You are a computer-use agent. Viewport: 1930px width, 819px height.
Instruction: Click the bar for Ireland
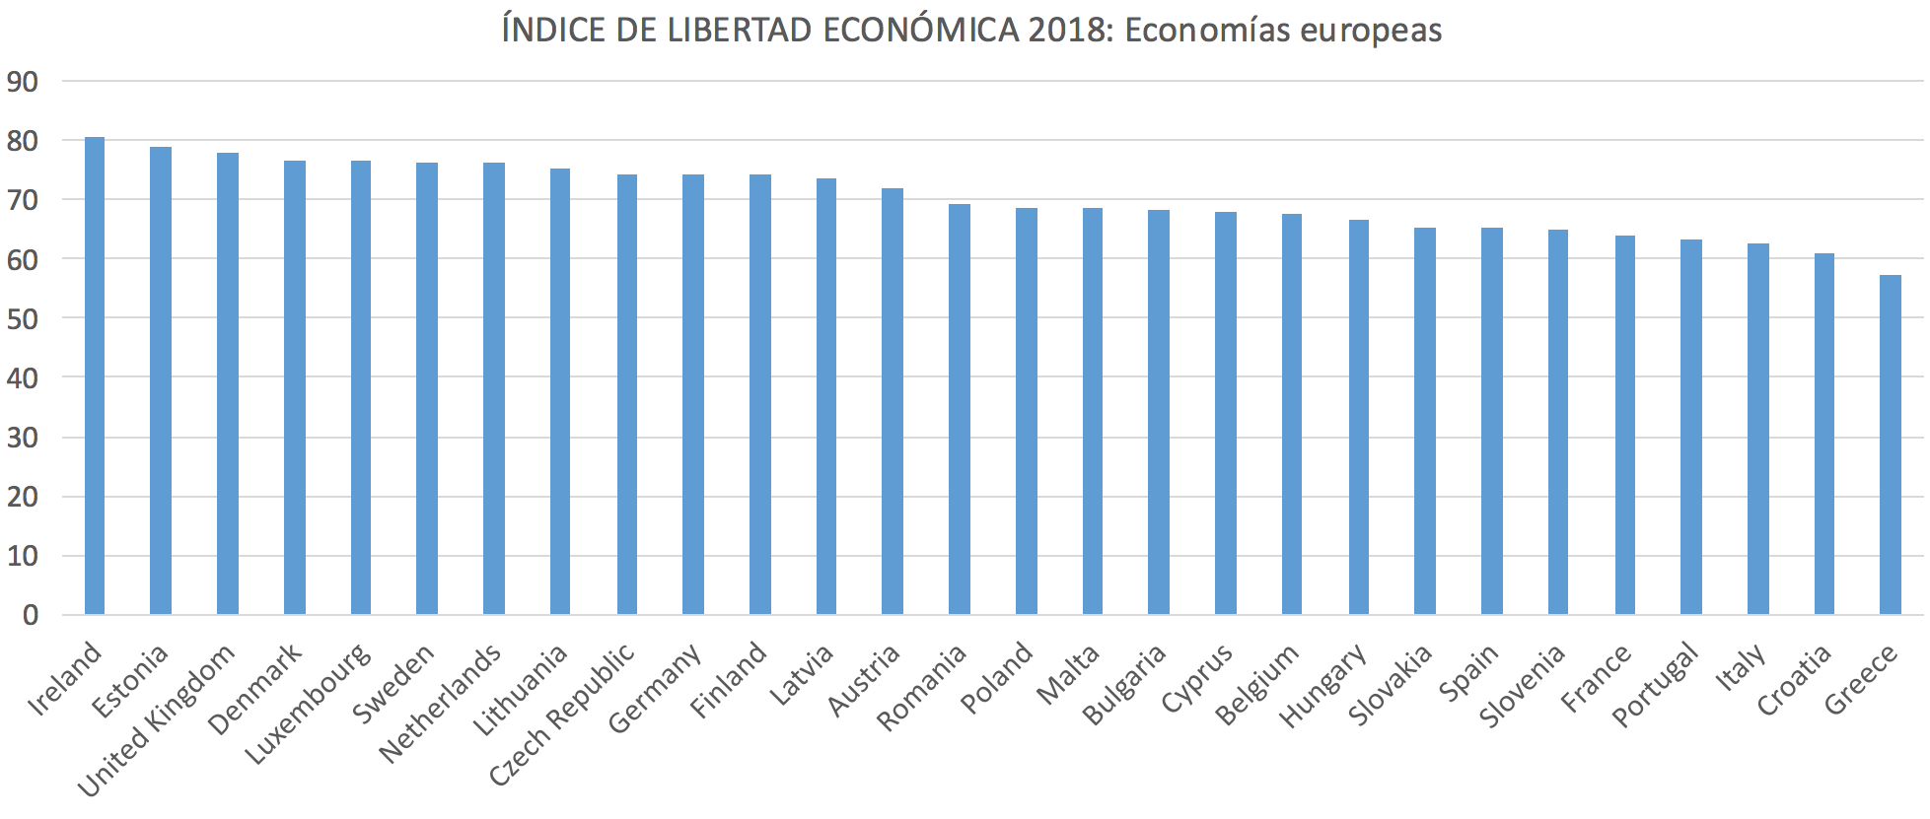click(95, 375)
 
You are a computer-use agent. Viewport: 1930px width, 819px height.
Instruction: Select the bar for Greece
click(1891, 444)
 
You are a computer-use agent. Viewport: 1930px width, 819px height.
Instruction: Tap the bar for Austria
click(892, 401)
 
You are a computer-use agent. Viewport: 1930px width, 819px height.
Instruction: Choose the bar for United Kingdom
click(228, 383)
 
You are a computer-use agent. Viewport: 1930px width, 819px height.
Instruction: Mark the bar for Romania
click(959, 409)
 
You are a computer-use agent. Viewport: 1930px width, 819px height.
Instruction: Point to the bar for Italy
click(1757, 429)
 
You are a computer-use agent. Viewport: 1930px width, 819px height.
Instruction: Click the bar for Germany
click(693, 394)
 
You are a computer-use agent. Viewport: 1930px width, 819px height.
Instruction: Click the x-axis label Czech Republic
click(563, 716)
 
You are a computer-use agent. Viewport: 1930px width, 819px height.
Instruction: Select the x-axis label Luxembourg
click(308, 704)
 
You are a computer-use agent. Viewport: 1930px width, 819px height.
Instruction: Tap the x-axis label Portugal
click(1656, 685)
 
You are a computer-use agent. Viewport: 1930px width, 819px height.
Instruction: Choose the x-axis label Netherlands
click(440, 705)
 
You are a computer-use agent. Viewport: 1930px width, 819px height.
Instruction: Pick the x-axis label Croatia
click(1794, 680)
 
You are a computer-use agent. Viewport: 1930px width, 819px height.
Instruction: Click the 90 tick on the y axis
click(23, 82)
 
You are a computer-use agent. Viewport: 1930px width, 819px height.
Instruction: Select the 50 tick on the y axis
click(23, 319)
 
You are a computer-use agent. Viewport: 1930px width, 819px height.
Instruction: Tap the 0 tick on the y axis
click(31, 616)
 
